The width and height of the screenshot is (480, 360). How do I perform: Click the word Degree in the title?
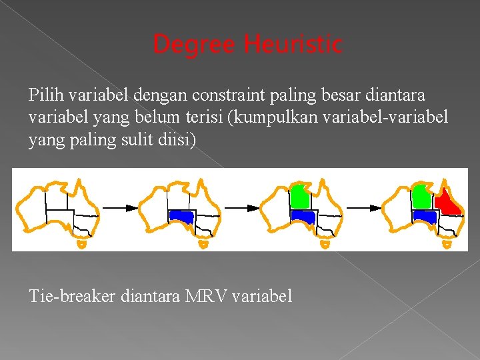pyautogui.click(x=194, y=45)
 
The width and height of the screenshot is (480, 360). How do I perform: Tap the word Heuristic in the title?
pyautogui.click(x=293, y=45)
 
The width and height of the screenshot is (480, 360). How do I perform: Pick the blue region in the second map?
pyautogui.click(x=181, y=216)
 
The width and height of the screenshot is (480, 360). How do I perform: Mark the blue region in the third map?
pyautogui.click(x=303, y=216)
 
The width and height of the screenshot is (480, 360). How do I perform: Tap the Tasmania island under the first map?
pyautogui.click(x=81, y=244)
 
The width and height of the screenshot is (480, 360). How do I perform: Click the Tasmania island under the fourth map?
pyautogui.click(x=447, y=244)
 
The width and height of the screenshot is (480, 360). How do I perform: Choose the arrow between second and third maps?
pyautogui.click(x=243, y=208)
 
